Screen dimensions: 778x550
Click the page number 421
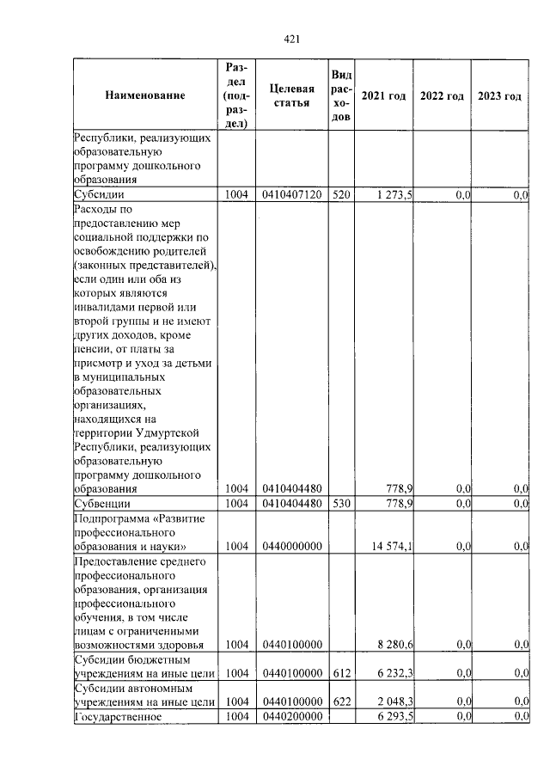(290, 38)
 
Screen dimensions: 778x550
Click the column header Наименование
(145, 95)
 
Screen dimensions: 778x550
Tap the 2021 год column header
(383, 95)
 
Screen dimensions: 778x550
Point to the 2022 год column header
(442, 95)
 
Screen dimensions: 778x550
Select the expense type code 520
(341, 195)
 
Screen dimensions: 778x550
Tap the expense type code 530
(341, 503)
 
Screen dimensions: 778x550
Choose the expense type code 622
(341, 702)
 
